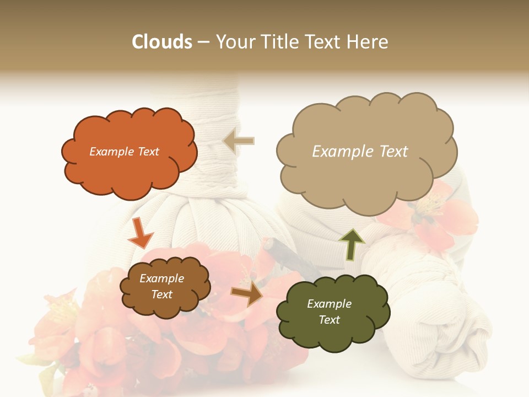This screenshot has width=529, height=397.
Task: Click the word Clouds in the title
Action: (x=162, y=42)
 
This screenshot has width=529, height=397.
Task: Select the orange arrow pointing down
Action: (x=140, y=232)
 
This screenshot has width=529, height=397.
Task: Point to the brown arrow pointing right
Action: (x=246, y=294)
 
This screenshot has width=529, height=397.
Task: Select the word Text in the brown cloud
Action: (x=162, y=294)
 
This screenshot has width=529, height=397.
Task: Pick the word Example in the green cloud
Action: (x=329, y=304)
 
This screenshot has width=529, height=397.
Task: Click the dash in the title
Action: (x=203, y=42)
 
